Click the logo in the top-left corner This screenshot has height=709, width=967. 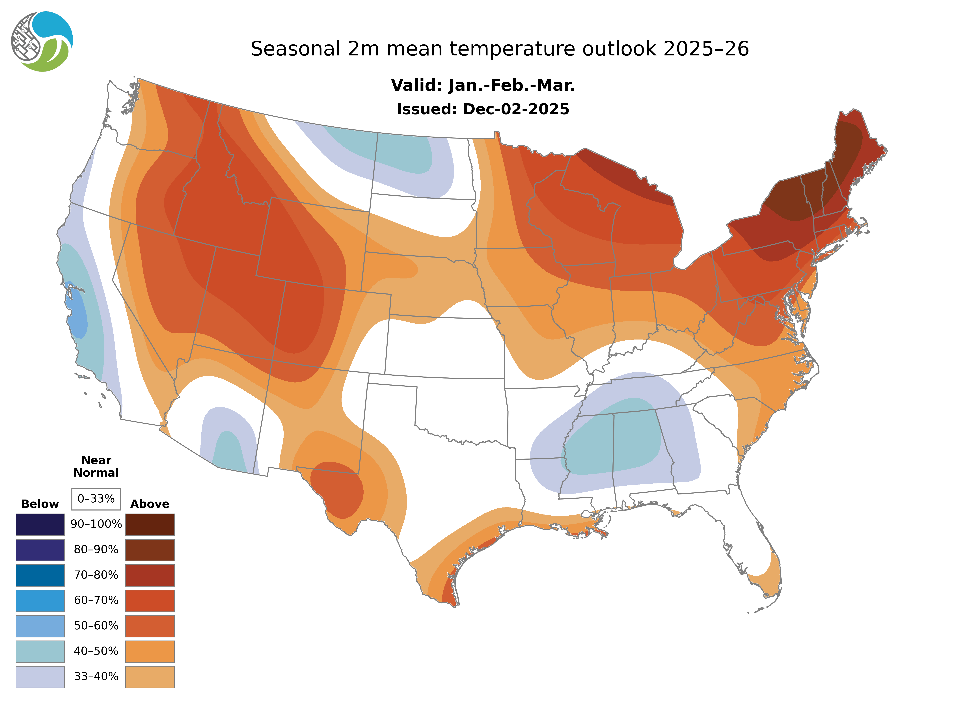pyautogui.click(x=42, y=42)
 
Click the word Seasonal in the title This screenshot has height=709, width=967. pyautogui.click(x=295, y=49)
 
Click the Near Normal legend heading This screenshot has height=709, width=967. pyautogui.click(x=96, y=466)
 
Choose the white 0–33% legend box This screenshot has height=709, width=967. pyautogui.click(x=96, y=499)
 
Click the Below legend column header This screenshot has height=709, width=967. pyautogui.click(x=40, y=504)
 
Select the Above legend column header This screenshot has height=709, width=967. pyautogui.click(x=150, y=504)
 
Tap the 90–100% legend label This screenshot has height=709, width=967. pyautogui.click(x=96, y=524)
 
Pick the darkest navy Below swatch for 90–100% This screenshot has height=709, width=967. pyautogui.click(x=40, y=524)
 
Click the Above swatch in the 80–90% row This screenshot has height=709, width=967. pyautogui.click(x=150, y=550)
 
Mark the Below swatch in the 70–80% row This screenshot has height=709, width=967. pyautogui.click(x=40, y=575)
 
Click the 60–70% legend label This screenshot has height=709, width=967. pyautogui.click(x=96, y=600)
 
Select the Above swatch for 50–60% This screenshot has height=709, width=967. pyautogui.click(x=150, y=626)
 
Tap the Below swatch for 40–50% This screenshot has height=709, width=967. pyautogui.click(x=40, y=651)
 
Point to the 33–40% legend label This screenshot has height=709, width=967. pyautogui.click(x=96, y=676)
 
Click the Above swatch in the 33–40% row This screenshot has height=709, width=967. pyautogui.click(x=150, y=676)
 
